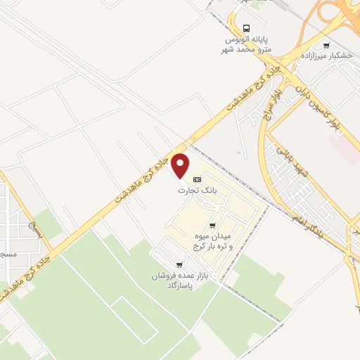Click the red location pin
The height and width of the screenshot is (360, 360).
point(181,165)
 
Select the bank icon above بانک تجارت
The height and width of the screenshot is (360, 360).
point(197,180)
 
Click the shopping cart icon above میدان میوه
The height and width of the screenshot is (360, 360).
point(212,226)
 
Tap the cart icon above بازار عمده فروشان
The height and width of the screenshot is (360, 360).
point(180,265)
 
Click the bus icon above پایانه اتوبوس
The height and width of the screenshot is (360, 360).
point(245,28)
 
